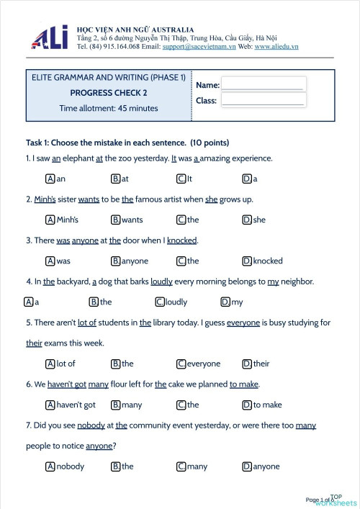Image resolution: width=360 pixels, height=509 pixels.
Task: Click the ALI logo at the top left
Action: [x=50, y=38]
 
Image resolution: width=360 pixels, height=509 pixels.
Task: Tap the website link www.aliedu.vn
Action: [x=276, y=47]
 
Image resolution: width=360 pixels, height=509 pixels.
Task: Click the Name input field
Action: [x=263, y=84]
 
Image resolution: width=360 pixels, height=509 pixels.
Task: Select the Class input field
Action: [x=263, y=100]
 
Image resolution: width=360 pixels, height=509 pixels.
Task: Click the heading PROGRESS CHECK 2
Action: [x=109, y=93]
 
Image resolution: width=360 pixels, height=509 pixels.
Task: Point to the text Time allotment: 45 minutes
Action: [x=109, y=109]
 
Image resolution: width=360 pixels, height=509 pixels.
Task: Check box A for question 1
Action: [x=50, y=179]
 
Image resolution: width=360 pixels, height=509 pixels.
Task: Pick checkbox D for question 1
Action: [x=247, y=179]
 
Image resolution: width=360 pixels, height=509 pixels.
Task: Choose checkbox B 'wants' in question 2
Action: [x=115, y=220]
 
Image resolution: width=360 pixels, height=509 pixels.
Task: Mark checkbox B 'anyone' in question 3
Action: [x=115, y=261]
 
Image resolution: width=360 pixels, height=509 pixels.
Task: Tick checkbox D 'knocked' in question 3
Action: [x=247, y=261]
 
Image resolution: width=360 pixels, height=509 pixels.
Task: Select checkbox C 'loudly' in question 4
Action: [x=160, y=302]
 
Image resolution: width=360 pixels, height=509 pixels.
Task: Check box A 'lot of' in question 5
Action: [x=50, y=364]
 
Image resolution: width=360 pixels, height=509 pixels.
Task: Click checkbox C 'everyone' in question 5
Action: [x=181, y=364]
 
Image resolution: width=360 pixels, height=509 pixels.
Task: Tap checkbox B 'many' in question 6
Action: [x=115, y=405]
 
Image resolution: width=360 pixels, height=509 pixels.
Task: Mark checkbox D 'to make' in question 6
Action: [x=247, y=405]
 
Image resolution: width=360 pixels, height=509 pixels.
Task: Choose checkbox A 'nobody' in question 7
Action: [x=50, y=466]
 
